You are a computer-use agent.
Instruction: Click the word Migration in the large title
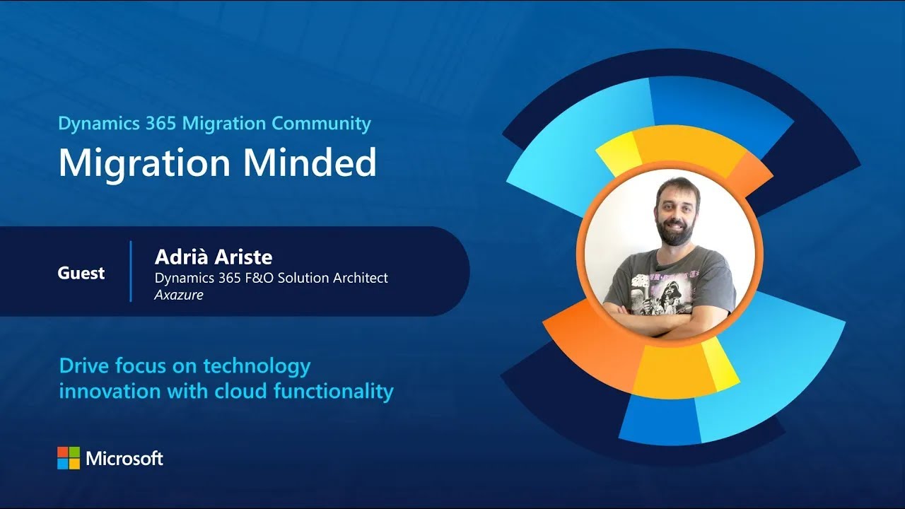(x=144, y=163)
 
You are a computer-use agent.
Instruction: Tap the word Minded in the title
(x=310, y=163)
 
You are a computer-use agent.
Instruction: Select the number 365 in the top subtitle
(x=160, y=123)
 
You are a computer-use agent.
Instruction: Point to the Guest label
(x=81, y=273)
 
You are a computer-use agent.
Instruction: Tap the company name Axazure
(x=179, y=295)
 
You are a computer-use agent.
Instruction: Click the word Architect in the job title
(x=361, y=278)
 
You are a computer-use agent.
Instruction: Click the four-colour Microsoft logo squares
(x=69, y=458)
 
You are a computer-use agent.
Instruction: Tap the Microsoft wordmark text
(x=124, y=459)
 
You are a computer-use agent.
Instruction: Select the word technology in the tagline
(x=257, y=367)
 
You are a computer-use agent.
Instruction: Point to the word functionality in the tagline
(x=334, y=392)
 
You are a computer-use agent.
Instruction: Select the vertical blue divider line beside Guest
(x=131, y=271)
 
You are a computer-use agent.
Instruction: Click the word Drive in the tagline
(x=84, y=366)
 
